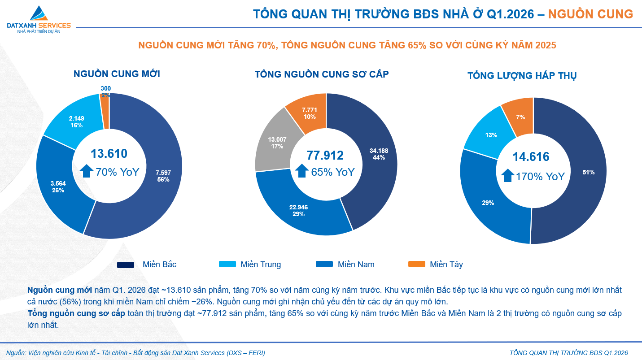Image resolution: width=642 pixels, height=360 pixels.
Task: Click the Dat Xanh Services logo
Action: click(x=39, y=20)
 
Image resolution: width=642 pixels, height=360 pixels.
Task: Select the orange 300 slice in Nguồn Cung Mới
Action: click(x=105, y=111)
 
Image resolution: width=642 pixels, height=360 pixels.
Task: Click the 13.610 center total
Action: click(x=109, y=154)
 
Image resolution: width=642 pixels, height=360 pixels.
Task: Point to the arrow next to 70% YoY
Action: click(x=87, y=171)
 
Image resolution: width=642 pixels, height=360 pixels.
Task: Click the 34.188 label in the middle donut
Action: click(x=379, y=154)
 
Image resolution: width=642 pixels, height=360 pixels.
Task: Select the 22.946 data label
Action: click(x=298, y=210)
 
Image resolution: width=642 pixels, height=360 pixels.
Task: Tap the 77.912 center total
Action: click(x=325, y=156)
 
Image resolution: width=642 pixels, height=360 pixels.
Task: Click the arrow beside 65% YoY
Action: click(x=302, y=171)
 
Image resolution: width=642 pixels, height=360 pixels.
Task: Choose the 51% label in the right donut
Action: click(x=588, y=172)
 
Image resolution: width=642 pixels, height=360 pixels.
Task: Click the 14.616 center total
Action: click(x=531, y=157)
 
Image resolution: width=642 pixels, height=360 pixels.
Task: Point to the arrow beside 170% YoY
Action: click(x=507, y=176)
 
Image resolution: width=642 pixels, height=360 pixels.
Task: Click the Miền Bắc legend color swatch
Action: click(x=126, y=265)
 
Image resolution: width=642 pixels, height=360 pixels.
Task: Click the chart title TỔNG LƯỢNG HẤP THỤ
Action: click(x=522, y=76)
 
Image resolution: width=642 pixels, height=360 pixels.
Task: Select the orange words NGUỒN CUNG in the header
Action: click(x=590, y=14)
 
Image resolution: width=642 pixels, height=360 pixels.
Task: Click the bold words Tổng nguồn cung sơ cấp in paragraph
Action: click(x=76, y=313)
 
